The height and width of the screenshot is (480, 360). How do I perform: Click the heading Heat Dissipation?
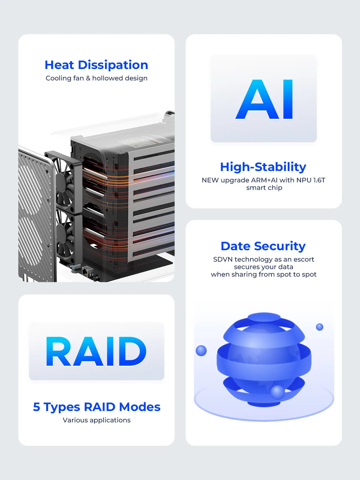[96, 65]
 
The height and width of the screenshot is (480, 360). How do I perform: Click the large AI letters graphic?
[264, 100]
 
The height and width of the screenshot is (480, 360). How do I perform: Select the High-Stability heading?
[263, 167]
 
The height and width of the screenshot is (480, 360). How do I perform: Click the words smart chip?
[264, 188]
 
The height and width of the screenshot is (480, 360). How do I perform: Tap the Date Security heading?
[263, 246]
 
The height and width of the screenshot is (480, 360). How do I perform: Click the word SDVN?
[223, 259]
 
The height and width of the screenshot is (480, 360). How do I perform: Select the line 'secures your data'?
[263, 267]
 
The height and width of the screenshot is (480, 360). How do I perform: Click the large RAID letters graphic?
[96, 351]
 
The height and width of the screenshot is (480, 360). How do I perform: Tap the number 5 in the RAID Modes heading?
[37, 407]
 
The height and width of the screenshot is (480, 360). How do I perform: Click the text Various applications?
[97, 420]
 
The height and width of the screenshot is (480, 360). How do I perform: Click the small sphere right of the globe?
[319, 327]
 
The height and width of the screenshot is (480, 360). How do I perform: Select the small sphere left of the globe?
[201, 350]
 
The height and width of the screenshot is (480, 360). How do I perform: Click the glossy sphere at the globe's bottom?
[277, 392]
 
